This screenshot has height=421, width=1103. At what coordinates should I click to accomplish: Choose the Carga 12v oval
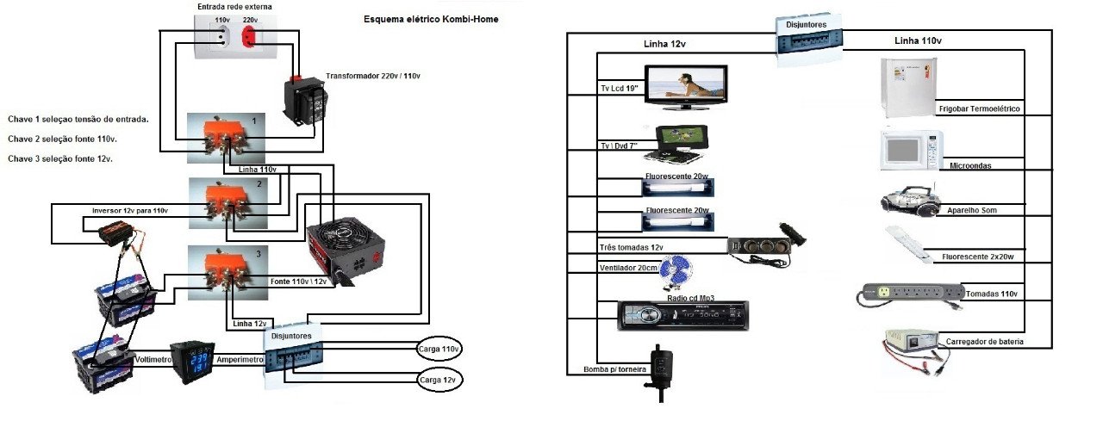pyautogui.click(x=439, y=379)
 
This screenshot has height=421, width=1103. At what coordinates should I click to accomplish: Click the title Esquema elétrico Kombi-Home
pyautogui.click(x=431, y=19)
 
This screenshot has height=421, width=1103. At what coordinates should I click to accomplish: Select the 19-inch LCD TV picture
pyautogui.click(x=686, y=85)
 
